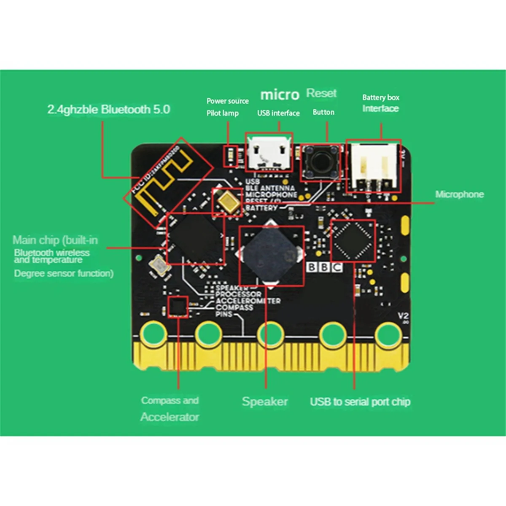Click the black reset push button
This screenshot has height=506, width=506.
[x=321, y=161]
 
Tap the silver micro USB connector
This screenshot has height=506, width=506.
[x=269, y=153]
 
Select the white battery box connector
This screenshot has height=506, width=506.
[x=373, y=166]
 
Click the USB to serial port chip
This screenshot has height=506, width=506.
[x=353, y=241]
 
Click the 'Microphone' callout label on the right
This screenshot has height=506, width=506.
[x=459, y=194]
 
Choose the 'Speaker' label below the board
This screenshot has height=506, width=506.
[x=265, y=401]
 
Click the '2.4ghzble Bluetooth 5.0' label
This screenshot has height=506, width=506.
[x=108, y=110]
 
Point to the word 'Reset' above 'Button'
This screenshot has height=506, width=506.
[x=321, y=93]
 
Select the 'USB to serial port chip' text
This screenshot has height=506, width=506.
[x=360, y=402]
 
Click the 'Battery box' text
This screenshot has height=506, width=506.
[x=380, y=97]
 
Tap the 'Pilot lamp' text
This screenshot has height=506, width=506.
[x=222, y=113]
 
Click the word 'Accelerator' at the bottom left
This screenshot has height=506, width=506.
[x=170, y=417]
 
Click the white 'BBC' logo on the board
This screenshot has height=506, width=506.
[x=324, y=267]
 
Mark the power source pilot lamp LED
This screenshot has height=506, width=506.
[x=230, y=156]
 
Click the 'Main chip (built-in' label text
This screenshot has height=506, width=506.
[x=55, y=240]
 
